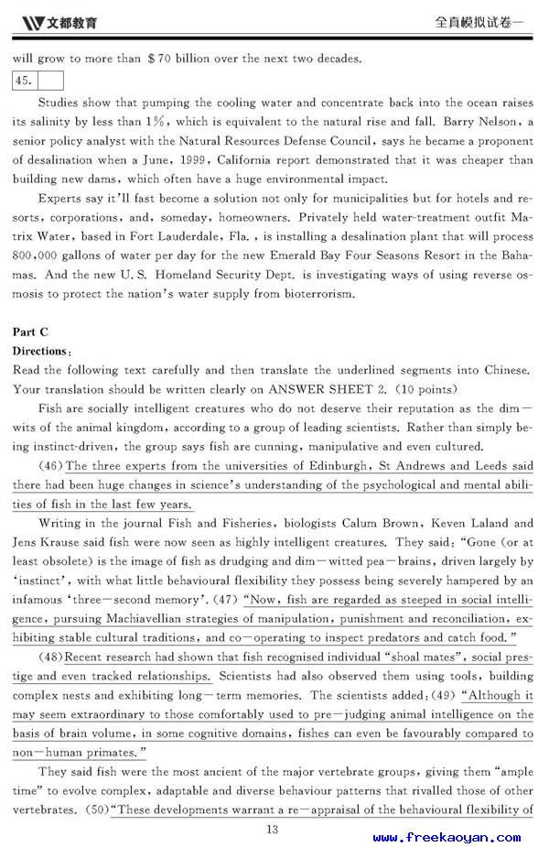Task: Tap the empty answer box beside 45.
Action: click(x=49, y=80)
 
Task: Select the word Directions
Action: click(x=39, y=351)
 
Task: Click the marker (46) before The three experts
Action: click(x=51, y=466)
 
